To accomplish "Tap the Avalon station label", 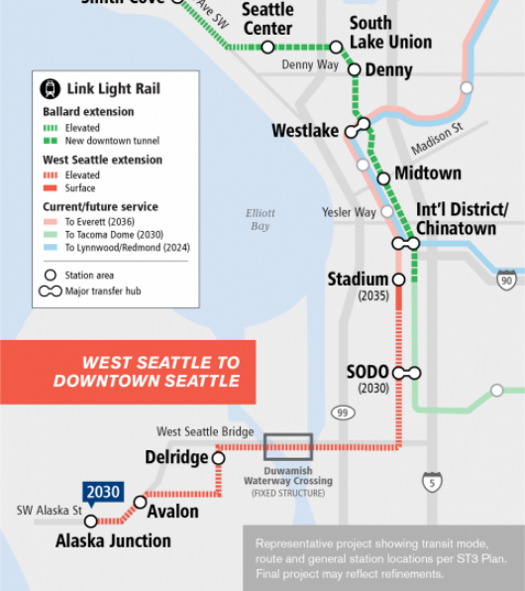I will click(x=172, y=512).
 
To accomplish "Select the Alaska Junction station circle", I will click(x=91, y=521).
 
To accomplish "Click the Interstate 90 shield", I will click(x=507, y=279).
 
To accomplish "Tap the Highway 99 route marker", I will click(x=343, y=412).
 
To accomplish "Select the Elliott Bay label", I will click(x=259, y=219).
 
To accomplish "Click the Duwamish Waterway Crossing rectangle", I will click(x=287, y=446).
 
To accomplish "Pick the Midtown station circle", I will click(x=383, y=178).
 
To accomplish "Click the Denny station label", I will click(x=388, y=70).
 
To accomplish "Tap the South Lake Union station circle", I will click(x=336, y=47).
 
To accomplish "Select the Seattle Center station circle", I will click(x=267, y=47).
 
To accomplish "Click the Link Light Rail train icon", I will click(x=50, y=88).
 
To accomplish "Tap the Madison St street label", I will click(x=437, y=139).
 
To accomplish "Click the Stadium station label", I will click(x=358, y=279).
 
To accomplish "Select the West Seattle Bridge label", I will click(x=205, y=431).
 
